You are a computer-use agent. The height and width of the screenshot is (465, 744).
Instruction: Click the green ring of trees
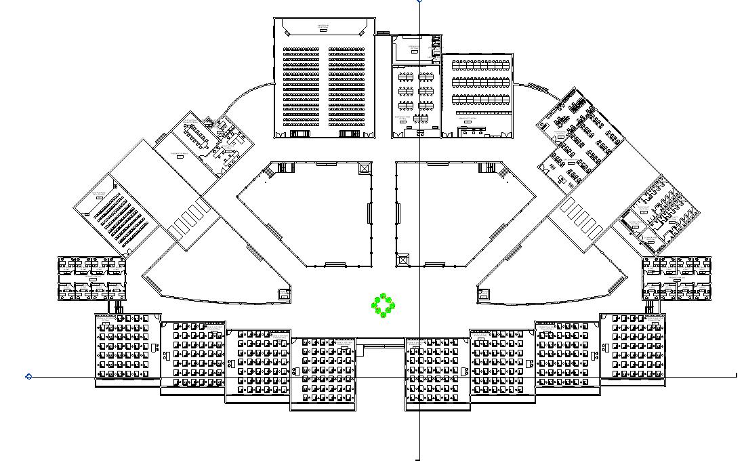384,306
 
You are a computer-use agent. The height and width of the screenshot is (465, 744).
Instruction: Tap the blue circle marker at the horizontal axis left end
28,376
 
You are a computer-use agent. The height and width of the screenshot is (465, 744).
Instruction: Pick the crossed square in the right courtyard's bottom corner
404,260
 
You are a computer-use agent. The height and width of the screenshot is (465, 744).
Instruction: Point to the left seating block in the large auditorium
301,87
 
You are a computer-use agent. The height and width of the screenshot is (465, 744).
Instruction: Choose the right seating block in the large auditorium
348,87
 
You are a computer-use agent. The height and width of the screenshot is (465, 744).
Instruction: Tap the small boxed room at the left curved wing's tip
284,294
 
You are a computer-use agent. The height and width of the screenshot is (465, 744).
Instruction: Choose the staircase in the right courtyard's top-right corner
487,167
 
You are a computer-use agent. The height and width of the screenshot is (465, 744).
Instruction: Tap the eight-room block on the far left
91,278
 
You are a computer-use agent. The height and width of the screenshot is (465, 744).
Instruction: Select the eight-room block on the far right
677,278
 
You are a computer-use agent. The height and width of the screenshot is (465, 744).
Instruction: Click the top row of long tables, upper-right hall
480,65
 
